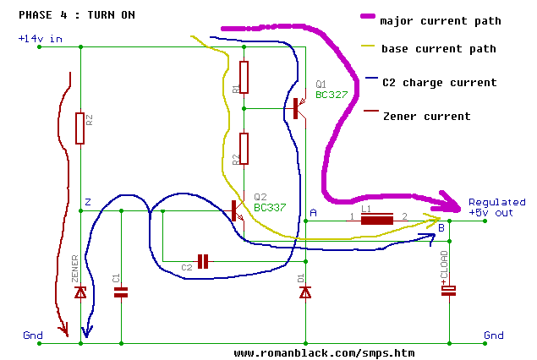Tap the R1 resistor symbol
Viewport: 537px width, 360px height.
[244, 78]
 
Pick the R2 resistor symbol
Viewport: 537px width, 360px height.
[244, 148]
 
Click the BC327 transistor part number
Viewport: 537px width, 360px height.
[332, 95]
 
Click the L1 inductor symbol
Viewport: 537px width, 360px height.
[377, 221]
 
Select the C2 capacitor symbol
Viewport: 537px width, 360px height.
[203, 259]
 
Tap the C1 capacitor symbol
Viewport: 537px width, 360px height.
[121, 292]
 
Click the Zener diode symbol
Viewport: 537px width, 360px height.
[80, 292]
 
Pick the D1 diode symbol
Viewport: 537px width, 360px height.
[305, 292]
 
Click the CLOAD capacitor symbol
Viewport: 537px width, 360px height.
[449, 291]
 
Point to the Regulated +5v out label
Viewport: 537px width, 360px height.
[496, 208]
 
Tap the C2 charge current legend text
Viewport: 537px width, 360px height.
[438, 83]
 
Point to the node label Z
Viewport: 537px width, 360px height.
[87, 202]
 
